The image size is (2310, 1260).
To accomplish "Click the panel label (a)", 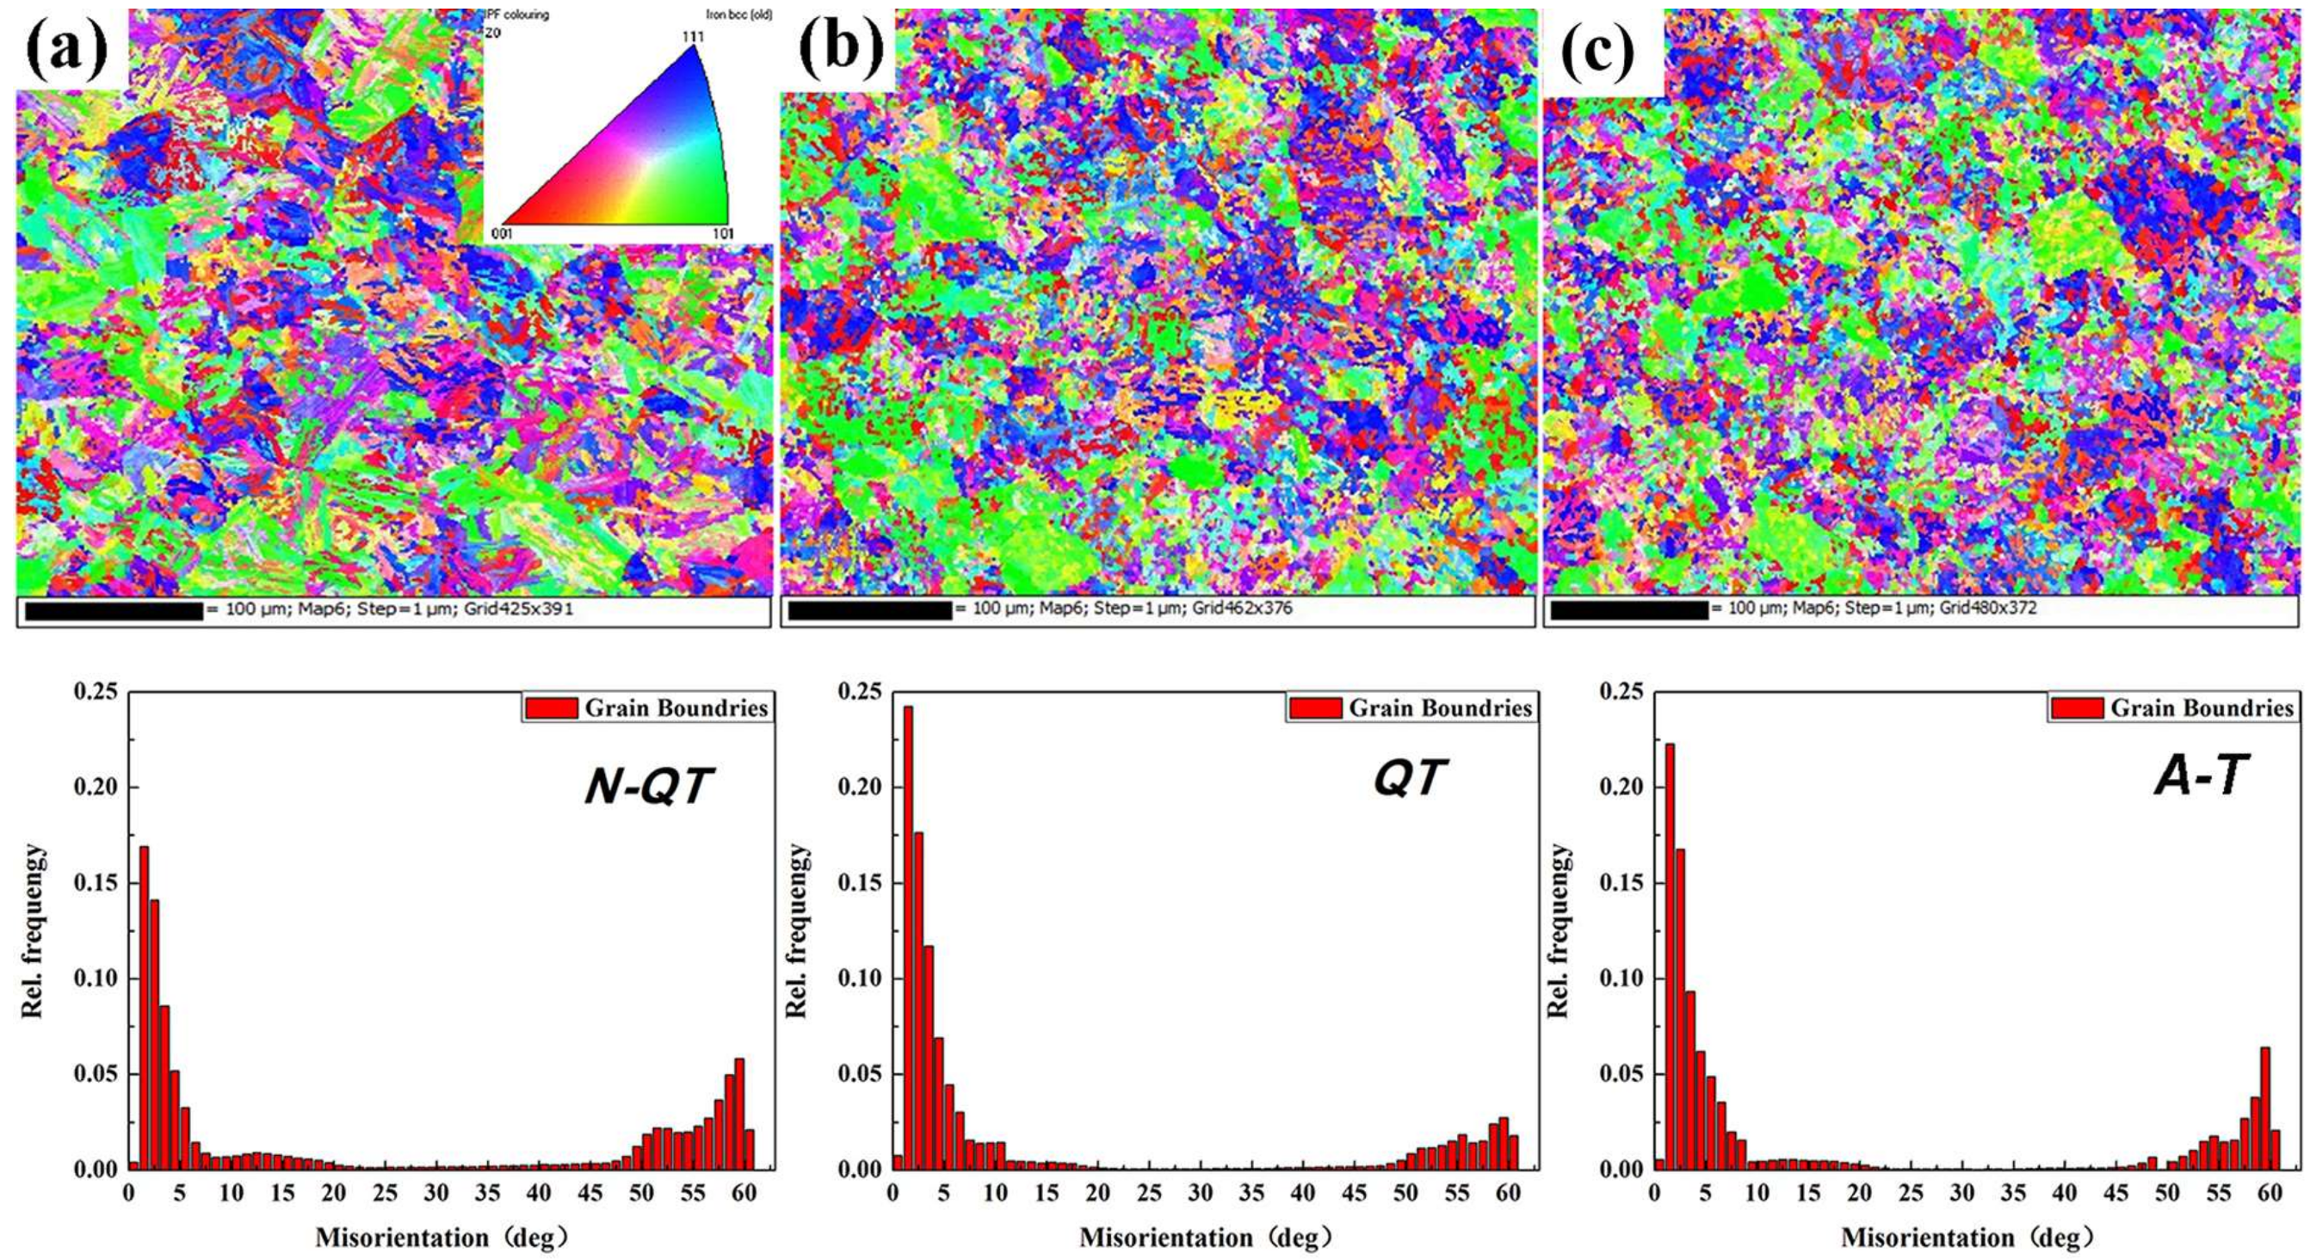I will pos(67,49).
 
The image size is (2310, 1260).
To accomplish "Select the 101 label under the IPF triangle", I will pos(723,234).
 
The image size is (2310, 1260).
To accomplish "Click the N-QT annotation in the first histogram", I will pos(648,788).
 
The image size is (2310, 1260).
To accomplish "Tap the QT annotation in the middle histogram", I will pos(1409,779).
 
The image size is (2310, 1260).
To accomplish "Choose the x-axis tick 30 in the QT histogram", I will pos(1201,1194).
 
